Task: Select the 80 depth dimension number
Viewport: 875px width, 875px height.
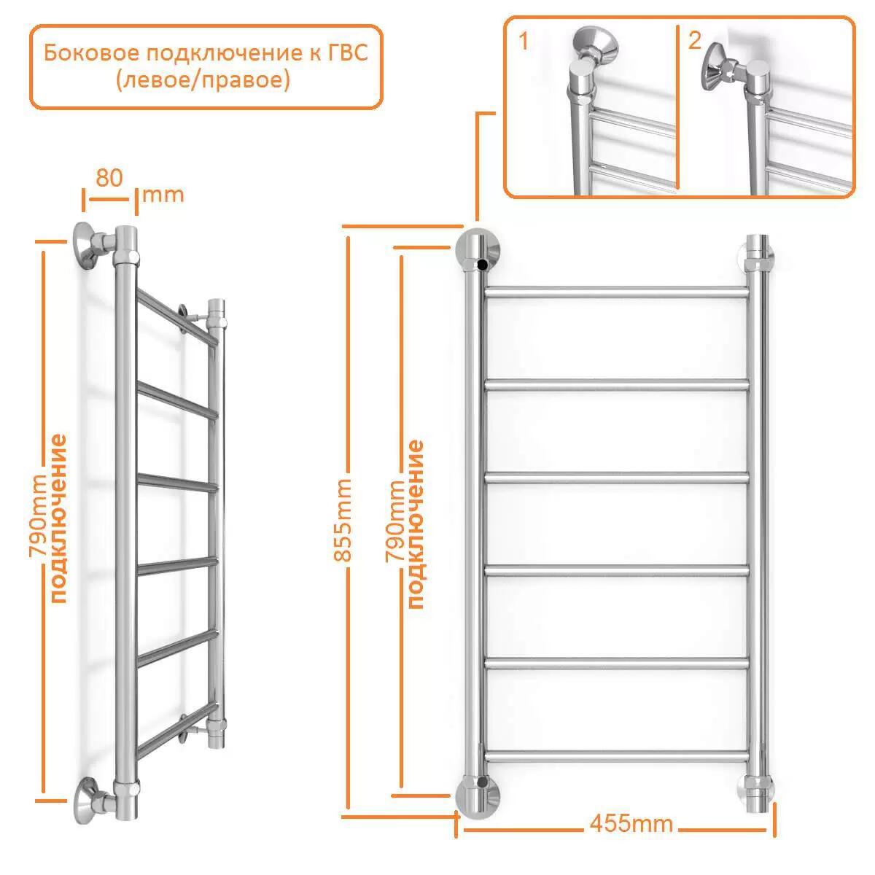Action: coord(109,177)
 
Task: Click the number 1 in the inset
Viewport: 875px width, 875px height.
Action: coord(524,42)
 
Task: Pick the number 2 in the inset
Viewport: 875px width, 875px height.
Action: coord(695,41)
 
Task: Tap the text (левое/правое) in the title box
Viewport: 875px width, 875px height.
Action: coord(203,81)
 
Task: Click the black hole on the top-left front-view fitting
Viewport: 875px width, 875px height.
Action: coord(483,264)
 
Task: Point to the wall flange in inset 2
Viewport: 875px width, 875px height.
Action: coord(713,68)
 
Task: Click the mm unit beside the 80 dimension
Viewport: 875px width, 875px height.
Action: coord(163,195)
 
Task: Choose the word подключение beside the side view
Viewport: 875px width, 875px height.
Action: coord(58,519)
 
